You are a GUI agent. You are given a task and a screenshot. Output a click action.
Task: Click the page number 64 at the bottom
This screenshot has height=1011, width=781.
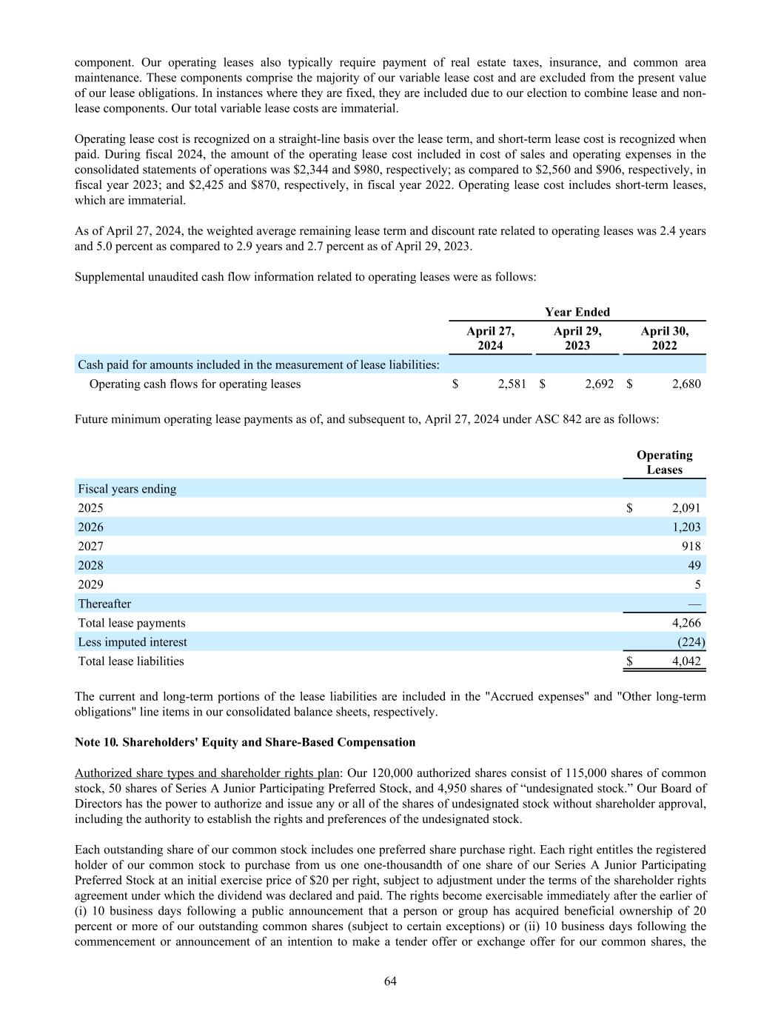[390, 981]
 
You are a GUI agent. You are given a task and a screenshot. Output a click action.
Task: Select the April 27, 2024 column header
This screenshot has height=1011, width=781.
[490, 338]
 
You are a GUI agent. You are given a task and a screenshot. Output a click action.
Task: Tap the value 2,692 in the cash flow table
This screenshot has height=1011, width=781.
[599, 384]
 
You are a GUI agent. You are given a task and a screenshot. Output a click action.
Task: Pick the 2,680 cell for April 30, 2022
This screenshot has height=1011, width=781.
[686, 384]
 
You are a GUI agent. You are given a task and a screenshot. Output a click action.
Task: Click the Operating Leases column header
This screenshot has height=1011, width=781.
[664, 462]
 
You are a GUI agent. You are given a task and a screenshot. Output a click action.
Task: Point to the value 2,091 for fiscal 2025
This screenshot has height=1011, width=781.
[686, 508]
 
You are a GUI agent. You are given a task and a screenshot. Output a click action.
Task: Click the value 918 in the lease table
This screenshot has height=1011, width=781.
[691, 547]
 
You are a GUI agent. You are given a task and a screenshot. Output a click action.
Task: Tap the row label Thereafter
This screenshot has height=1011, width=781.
[104, 604]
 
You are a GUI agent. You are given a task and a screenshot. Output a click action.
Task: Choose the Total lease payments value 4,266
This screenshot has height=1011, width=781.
[686, 623]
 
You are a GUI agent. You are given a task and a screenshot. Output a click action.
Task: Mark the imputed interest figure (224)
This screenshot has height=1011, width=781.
[691, 642]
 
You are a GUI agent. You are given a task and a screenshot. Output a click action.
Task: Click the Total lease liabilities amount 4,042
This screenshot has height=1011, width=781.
[686, 661]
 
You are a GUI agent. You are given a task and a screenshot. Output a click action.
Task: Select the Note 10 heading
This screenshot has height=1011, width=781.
[245, 742]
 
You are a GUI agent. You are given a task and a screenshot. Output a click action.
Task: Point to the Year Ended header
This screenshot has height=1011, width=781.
[577, 312]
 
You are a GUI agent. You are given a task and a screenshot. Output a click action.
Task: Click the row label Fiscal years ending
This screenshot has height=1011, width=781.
[127, 489]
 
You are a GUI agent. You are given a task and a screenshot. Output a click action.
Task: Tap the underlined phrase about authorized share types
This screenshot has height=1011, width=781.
[207, 773]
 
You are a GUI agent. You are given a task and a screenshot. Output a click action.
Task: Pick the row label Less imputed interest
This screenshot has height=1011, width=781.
[133, 642]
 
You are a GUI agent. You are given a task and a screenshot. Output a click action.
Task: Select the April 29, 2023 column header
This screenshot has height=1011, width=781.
[577, 338]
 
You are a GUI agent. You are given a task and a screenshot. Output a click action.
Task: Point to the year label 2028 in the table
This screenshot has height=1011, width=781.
[91, 566]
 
